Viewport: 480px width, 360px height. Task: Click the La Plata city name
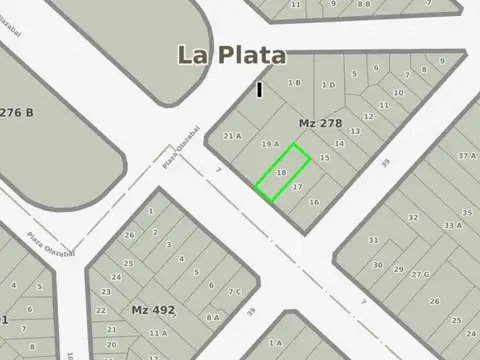click(231, 55)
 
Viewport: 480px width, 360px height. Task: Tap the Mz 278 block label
click(320, 123)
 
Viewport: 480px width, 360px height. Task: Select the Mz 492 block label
click(152, 310)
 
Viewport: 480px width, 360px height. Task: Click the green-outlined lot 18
click(282, 172)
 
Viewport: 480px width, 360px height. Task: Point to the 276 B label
click(17, 112)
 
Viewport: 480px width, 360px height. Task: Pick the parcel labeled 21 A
click(232, 136)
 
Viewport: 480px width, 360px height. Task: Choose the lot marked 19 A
click(270, 145)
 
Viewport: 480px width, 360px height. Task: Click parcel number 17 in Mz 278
click(297, 187)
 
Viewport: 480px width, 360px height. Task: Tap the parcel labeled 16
click(314, 202)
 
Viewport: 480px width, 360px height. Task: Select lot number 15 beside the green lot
click(324, 158)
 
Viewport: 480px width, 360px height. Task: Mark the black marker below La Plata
click(260, 90)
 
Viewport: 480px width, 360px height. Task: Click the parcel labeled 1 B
click(294, 83)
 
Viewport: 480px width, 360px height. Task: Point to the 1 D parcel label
click(328, 85)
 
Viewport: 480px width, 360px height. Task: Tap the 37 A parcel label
click(466, 156)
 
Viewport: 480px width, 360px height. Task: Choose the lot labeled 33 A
click(453, 226)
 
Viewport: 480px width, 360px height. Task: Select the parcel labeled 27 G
click(420, 274)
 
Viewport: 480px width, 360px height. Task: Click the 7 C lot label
click(234, 292)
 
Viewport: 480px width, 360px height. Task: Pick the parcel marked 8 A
click(213, 317)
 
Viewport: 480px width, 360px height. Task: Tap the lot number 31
click(373, 240)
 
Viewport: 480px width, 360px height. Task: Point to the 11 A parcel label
click(157, 334)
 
